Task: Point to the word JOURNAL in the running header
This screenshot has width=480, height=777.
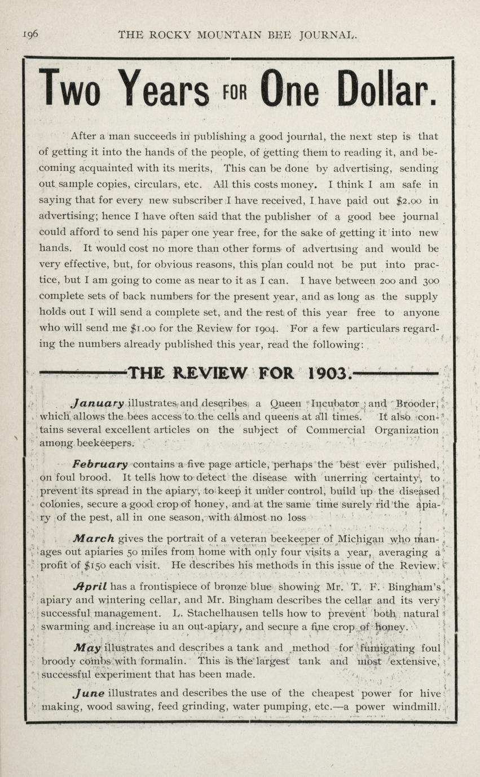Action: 329,35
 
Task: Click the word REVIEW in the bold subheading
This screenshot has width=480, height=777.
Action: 210,372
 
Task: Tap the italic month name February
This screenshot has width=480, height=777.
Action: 100,464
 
